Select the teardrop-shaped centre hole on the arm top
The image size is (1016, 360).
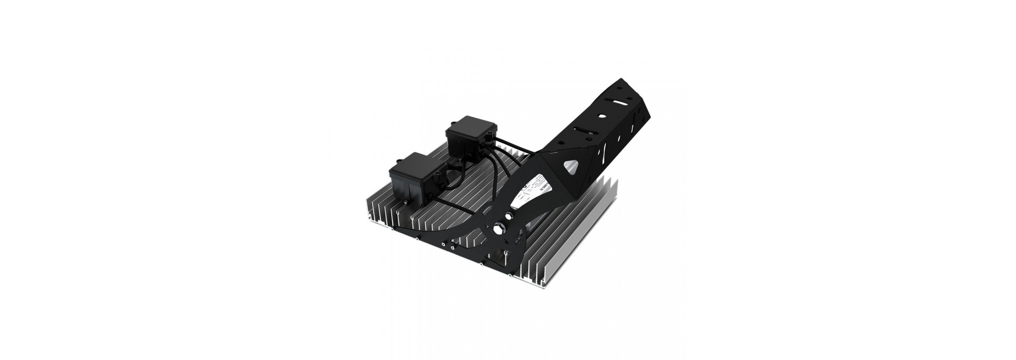pyautogui.click(x=602, y=116)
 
